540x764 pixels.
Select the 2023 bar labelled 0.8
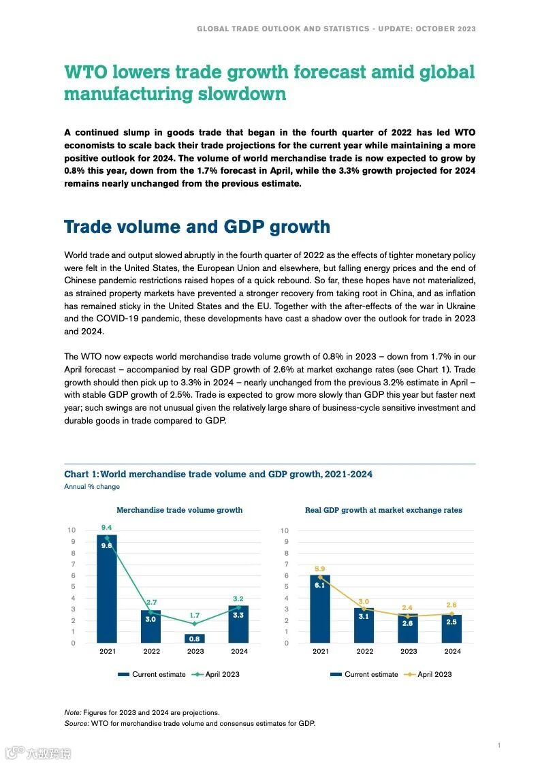[x=195, y=639]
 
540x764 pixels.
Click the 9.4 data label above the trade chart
[x=107, y=527]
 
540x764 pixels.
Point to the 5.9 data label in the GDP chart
[x=319, y=569]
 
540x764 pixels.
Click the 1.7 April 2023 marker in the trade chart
[x=195, y=624]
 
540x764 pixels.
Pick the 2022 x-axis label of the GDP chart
[x=364, y=652]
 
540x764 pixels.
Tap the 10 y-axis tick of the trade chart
[x=72, y=530]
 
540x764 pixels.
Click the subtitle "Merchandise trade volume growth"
[x=179, y=510]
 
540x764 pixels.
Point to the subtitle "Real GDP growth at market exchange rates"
[x=383, y=510]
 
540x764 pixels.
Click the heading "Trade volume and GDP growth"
[x=197, y=227]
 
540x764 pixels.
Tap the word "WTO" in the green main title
[x=86, y=72]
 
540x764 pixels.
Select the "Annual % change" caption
[x=92, y=487]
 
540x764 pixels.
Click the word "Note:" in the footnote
[x=73, y=712]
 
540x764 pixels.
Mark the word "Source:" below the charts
[x=76, y=723]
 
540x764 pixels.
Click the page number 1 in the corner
[x=498, y=746]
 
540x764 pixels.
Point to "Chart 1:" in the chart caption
[x=81, y=474]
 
